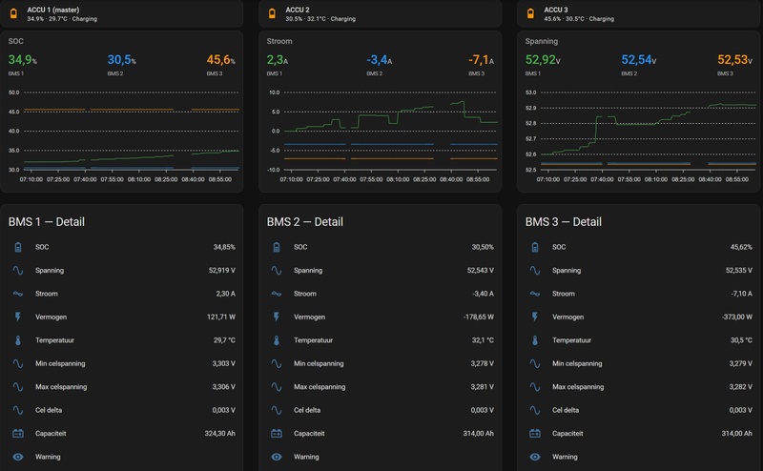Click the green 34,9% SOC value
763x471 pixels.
click(22, 60)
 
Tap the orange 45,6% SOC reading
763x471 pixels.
click(221, 60)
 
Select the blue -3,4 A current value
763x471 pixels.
click(379, 60)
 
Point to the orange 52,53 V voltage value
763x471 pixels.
click(734, 60)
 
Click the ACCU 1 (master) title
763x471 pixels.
click(53, 10)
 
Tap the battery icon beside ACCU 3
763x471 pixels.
click(530, 13)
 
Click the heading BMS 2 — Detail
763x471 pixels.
click(304, 222)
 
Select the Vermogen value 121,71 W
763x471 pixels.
click(221, 317)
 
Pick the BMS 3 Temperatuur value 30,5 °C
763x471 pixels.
click(741, 340)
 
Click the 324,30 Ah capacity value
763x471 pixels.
click(220, 433)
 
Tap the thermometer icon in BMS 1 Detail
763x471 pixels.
click(18, 340)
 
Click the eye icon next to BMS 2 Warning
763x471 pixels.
click(277, 457)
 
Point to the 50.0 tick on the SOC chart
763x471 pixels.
click(13, 92)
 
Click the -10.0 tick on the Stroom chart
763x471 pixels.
click(274, 170)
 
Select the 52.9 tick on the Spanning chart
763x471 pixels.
click(530, 108)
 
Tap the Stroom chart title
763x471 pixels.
click(279, 41)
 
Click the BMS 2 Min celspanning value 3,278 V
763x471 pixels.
click(483, 363)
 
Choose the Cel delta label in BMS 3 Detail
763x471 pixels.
click(566, 410)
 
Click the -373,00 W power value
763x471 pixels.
click(737, 317)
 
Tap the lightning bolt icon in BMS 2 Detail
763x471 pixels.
click(277, 317)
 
